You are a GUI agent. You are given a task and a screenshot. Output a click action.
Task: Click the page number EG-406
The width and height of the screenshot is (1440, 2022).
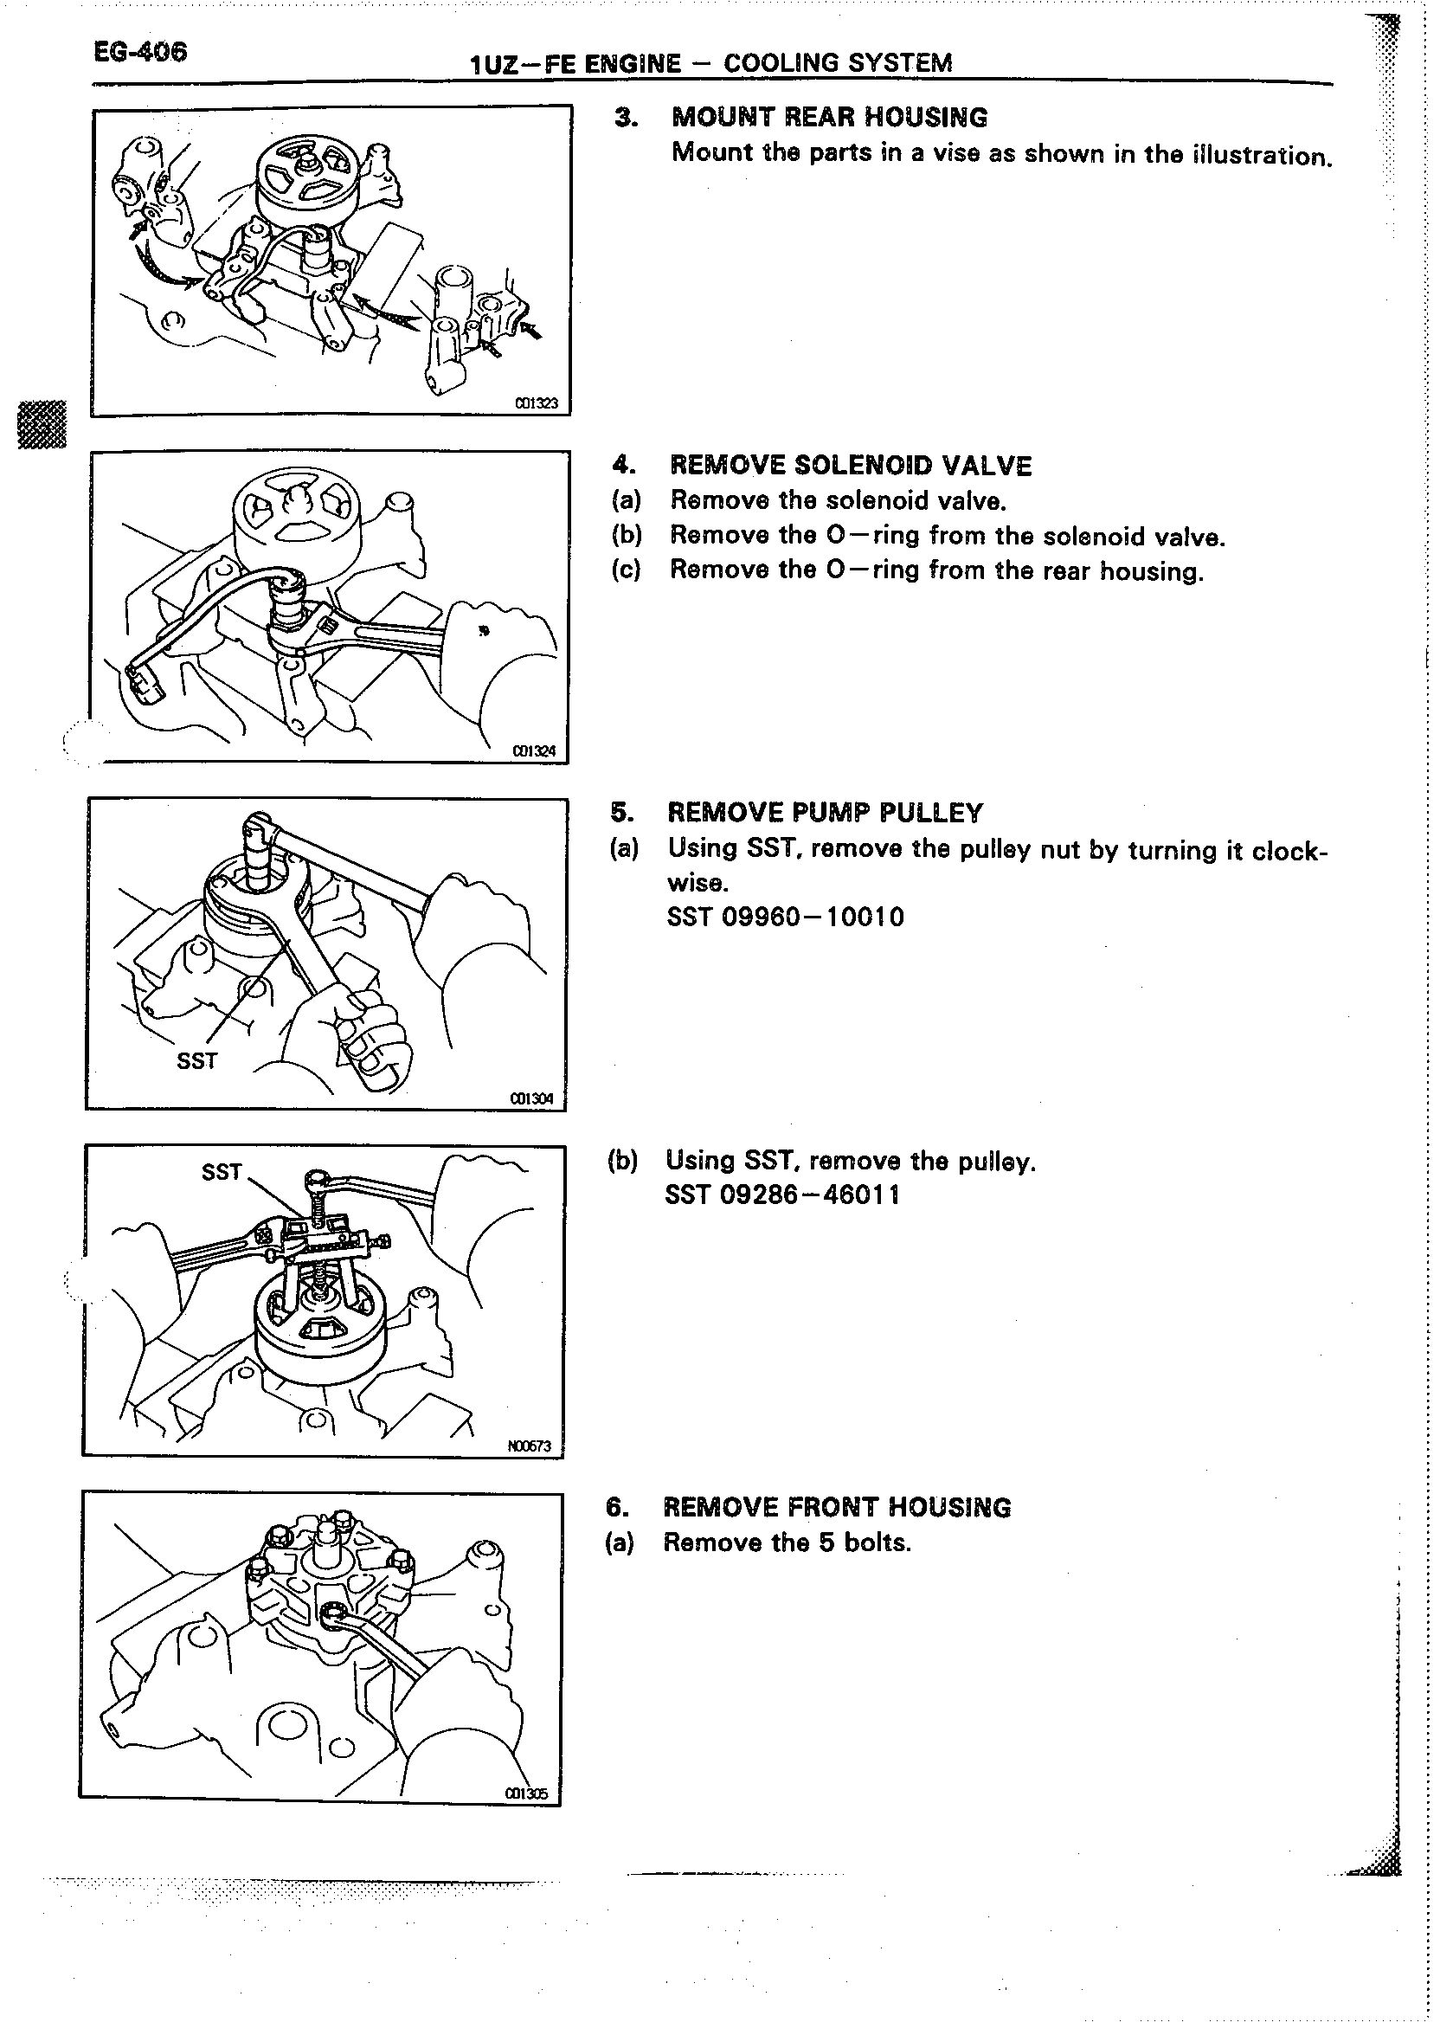pos(140,51)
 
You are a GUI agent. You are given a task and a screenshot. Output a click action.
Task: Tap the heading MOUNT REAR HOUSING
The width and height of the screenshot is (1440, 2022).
pos(829,117)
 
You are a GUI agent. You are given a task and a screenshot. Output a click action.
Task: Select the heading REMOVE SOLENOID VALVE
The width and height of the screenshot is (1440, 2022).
pos(851,466)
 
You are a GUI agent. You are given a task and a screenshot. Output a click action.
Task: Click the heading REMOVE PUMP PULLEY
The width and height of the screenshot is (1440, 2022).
pos(825,812)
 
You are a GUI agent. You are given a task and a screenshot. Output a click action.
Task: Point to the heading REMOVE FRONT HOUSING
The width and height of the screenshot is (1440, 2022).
pos(837,1507)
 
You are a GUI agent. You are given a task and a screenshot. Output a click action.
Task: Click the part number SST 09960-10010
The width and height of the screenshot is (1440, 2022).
pos(786,916)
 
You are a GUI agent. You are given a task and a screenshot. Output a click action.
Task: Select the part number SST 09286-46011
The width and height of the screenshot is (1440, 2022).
pos(782,1195)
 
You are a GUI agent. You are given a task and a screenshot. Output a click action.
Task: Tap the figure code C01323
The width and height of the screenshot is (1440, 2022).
pos(537,403)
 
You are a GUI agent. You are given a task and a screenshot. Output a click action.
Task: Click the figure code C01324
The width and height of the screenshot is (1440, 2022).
pos(534,751)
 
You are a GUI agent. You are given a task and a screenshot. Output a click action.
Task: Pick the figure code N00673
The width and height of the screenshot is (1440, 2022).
pos(530,1446)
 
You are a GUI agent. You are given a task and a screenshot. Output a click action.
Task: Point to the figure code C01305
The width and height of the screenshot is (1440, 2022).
pos(527,1793)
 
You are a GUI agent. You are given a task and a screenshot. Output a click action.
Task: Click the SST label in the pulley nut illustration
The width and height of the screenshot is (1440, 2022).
pos(196,1060)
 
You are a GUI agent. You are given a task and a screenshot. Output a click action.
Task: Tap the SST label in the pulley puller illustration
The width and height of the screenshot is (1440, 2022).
pos(221,1172)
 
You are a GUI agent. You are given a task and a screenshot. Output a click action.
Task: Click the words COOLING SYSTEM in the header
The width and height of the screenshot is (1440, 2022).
pos(838,64)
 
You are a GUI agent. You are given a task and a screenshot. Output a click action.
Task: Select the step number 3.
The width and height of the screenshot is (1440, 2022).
pos(626,117)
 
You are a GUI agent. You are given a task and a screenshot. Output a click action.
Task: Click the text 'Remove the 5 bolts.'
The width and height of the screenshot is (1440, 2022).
pos(787,1542)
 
